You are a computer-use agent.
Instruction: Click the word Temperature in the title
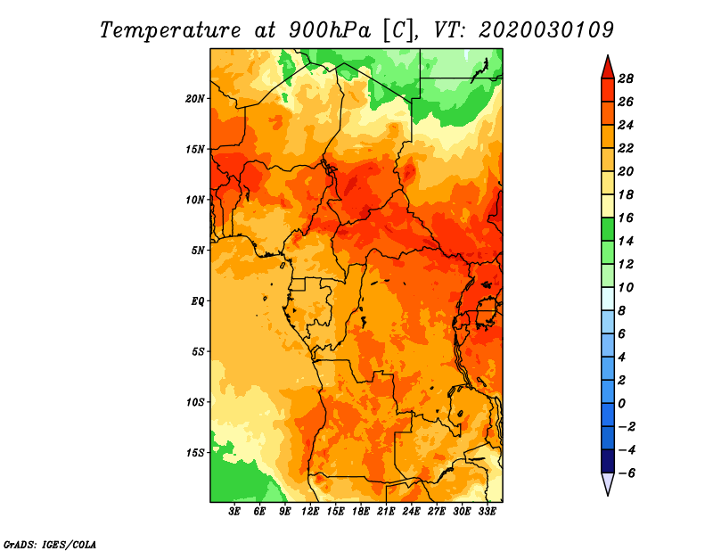pyautogui.click(x=169, y=30)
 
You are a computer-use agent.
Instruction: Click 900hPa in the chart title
pyautogui.click(x=329, y=30)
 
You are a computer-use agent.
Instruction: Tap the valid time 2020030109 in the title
pyautogui.click(x=545, y=30)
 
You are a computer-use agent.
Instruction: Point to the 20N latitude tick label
pyautogui.click(x=195, y=99)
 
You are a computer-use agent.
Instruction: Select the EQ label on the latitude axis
pyautogui.click(x=197, y=301)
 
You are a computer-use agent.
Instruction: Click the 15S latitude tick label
pyautogui.click(x=195, y=453)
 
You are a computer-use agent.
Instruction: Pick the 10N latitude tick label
pyautogui.click(x=195, y=200)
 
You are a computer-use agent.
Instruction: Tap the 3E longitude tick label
pyautogui.click(x=234, y=511)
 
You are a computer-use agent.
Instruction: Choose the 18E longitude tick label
pyautogui.click(x=361, y=511)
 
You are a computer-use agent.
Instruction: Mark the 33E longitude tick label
pyautogui.click(x=487, y=511)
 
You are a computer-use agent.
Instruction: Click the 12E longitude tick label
pyautogui.click(x=310, y=511)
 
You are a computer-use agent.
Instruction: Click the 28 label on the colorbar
pyautogui.click(x=626, y=78)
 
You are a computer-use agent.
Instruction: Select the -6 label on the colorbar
pyautogui.click(x=627, y=473)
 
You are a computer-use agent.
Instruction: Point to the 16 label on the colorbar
pyautogui.click(x=626, y=218)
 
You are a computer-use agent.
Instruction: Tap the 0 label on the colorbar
pyautogui.click(x=621, y=404)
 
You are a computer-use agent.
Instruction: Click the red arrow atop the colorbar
pyautogui.click(x=608, y=69)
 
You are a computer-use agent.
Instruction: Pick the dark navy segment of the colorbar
pyautogui.click(x=608, y=461)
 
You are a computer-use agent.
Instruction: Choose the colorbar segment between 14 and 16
pyautogui.click(x=608, y=229)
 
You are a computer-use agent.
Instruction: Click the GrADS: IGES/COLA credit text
pyautogui.click(x=50, y=545)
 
